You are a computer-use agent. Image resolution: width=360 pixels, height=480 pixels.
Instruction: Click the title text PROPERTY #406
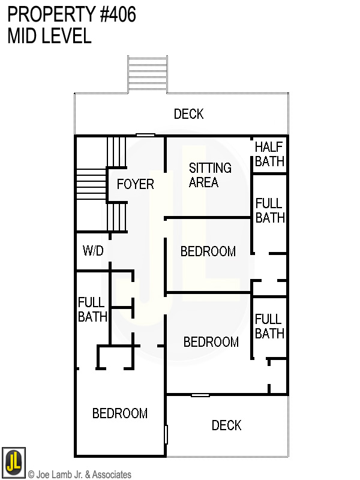[x=71, y=14]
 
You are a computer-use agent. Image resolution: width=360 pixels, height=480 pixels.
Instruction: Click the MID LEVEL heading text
[x=49, y=36]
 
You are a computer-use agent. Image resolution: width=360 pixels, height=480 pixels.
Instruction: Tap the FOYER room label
[x=135, y=184]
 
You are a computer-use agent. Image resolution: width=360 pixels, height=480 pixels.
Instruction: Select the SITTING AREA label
[x=209, y=175]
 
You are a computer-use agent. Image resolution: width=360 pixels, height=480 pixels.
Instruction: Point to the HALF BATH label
[x=268, y=154]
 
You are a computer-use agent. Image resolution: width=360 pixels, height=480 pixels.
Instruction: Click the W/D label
[x=93, y=251]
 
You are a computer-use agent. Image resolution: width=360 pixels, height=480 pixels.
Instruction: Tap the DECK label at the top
[x=188, y=114]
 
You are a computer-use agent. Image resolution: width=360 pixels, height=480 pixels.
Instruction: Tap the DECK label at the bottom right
[x=226, y=425]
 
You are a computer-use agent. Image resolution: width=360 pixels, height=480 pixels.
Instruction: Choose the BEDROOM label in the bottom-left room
[x=120, y=413]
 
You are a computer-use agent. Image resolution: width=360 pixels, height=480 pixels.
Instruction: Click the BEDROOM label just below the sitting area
[x=208, y=251]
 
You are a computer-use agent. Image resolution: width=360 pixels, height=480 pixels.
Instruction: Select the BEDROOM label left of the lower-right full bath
[x=211, y=342]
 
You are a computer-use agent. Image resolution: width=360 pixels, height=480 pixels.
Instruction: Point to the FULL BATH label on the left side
[x=92, y=310]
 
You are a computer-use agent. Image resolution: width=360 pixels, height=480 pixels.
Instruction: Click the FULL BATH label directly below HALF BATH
[x=269, y=211]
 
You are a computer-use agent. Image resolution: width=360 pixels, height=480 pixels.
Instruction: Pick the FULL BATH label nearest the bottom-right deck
[x=269, y=326]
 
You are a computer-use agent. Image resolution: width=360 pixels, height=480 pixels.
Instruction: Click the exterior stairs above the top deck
[x=148, y=73]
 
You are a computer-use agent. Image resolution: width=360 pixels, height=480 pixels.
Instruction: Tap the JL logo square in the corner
[x=13, y=461]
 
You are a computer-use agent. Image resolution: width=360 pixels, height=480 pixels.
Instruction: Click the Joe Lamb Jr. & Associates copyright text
[x=80, y=475]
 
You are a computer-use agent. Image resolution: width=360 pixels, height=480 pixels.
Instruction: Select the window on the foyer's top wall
[x=145, y=135]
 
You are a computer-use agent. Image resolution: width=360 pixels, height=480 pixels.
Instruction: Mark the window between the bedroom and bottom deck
[x=200, y=395]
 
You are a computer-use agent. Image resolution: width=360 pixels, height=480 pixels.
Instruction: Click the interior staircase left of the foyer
[x=91, y=185]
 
